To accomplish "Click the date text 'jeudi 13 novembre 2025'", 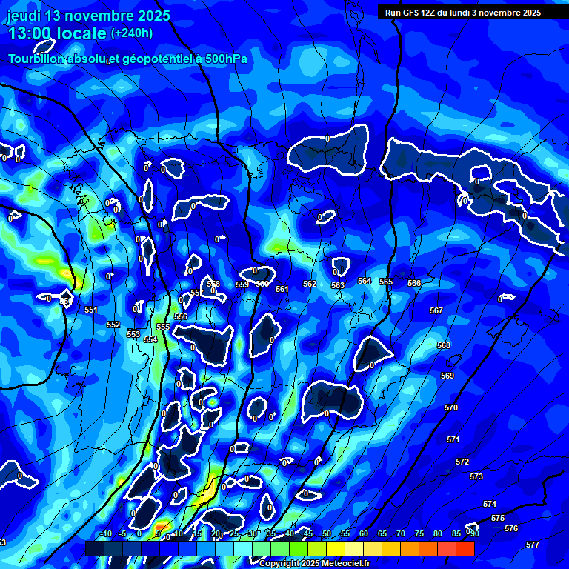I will click(89, 16).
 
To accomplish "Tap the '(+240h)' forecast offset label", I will click(132, 33).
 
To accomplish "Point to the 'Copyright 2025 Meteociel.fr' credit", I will click(314, 564).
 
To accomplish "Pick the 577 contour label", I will click(532, 545).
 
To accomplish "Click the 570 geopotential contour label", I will click(451, 408).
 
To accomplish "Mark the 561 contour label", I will click(282, 289).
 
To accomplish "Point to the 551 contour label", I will click(91, 310).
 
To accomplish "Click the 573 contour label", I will click(476, 476).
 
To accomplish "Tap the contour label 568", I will click(444, 346).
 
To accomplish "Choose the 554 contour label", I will click(150, 339).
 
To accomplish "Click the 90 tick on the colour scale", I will click(474, 533).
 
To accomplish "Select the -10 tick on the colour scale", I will click(105, 533).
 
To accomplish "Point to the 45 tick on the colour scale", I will click(308, 533).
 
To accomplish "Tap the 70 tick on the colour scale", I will click(400, 533).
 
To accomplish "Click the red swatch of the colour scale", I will click(465, 548).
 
